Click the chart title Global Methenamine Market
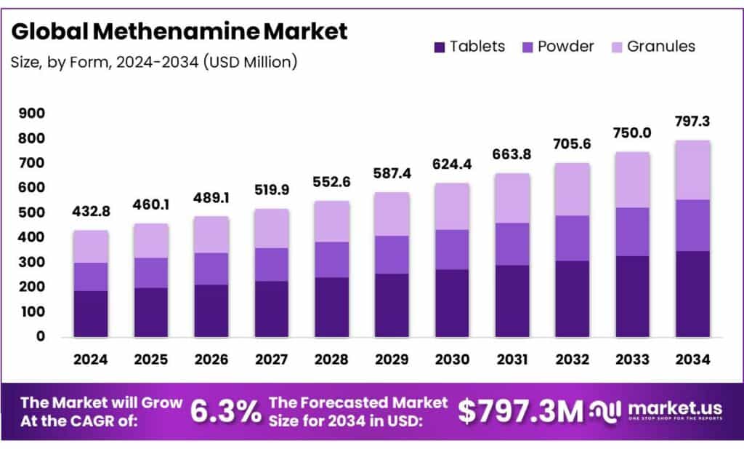click(x=179, y=31)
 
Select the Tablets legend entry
click(x=469, y=47)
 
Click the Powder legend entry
click(x=558, y=47)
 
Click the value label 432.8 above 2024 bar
click(x=91, y=212)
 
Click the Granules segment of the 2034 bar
click(x=692, y=170)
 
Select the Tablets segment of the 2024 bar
click(x=92, y=314)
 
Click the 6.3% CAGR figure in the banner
click(x=225, y=412)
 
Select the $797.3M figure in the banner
click(x=520, y=412)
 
